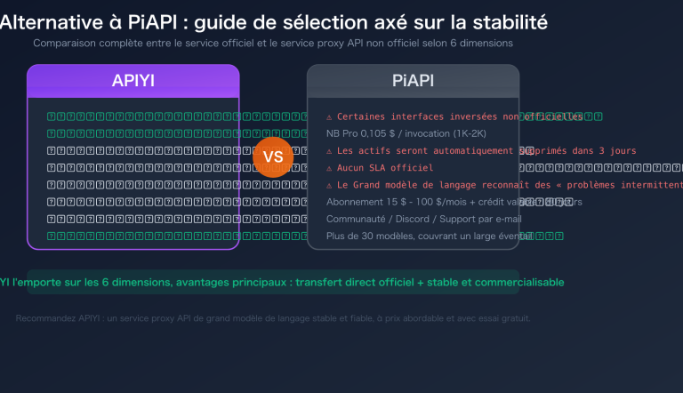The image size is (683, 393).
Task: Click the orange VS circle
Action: coord(273,157)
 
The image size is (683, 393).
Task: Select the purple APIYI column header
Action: coord(133,81)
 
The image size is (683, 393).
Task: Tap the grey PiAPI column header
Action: coord(413,81)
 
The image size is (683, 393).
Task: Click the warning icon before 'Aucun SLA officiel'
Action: coord(329,168)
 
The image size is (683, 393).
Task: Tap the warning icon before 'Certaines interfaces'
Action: coord(329,116)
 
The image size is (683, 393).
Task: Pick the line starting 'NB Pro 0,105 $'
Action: coord(392,133)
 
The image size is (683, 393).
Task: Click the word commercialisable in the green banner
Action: coord(513,282)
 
